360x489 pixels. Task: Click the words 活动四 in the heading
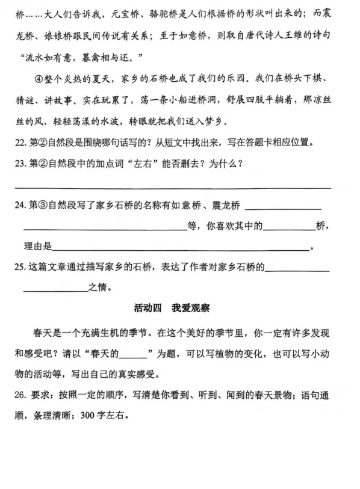pos(148,309)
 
